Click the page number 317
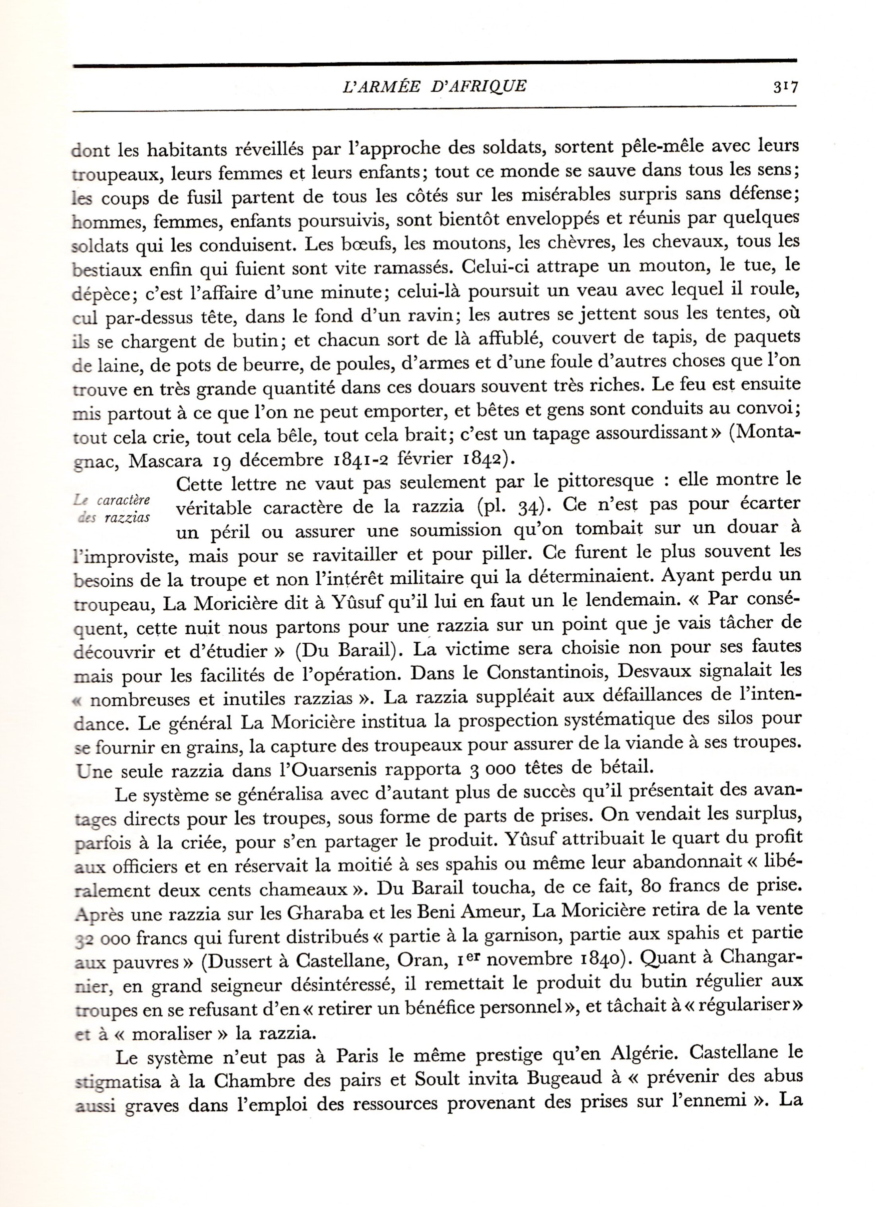coord(785,87)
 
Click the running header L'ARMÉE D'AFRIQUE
coord(434,86)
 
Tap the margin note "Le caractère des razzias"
coord(112,509)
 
